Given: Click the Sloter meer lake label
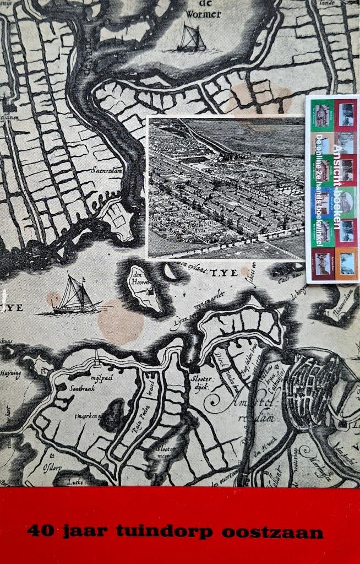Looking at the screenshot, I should (165, 452).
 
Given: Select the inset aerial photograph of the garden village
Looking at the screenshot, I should (226, 187).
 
